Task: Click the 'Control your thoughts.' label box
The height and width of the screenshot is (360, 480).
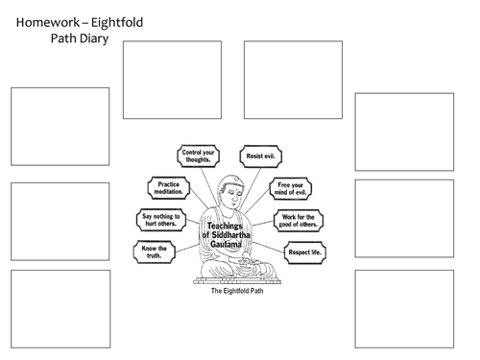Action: (200, 156)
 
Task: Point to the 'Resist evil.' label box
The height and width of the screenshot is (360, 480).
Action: (254, 156)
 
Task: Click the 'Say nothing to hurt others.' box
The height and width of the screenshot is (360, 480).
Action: (163, 220)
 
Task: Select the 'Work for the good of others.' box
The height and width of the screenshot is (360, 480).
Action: (300, 221)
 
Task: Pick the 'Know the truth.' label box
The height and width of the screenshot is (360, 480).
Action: (156, 253)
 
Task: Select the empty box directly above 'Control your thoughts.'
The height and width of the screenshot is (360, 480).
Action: (171, 80)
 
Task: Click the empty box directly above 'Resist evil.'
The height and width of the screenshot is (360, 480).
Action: (292, 80)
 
